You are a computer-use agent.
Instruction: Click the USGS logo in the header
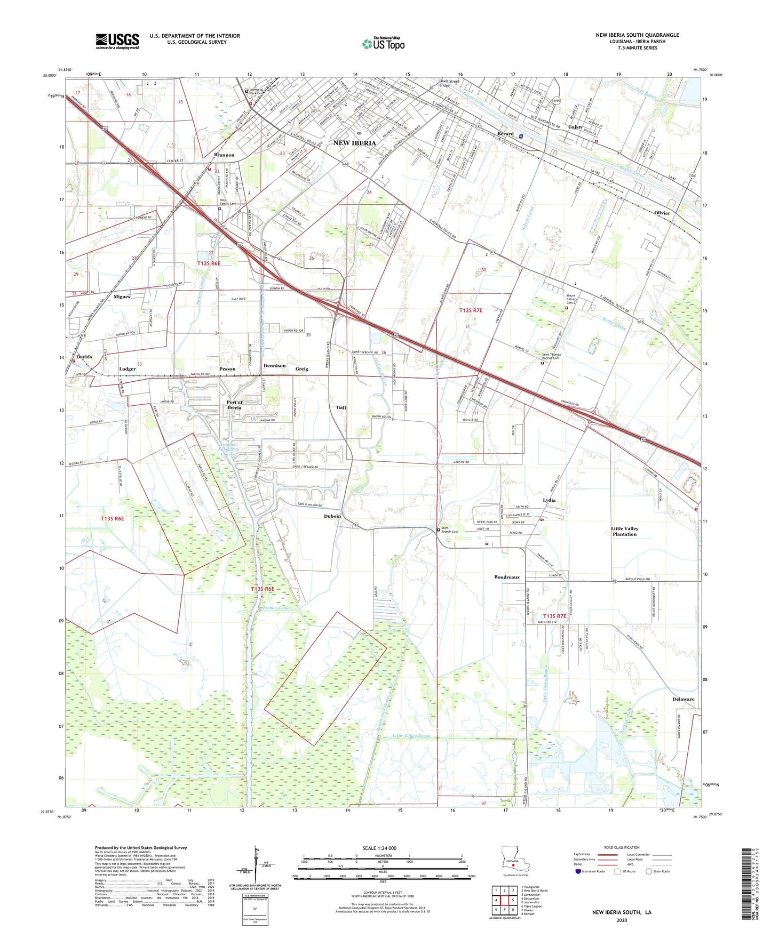pos(117,41)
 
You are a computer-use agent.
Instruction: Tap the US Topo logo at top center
pos(383,44)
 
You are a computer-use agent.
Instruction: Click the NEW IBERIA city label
pos(354,143)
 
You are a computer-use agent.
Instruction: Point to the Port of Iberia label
pos(234,405)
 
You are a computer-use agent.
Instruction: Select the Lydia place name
pos(549,500)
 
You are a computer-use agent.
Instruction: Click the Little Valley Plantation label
pos(624,531)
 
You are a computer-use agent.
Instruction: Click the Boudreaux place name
pos(506,577)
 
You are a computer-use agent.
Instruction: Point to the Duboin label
pos(332,516)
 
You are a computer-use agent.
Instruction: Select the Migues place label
pos(122,296)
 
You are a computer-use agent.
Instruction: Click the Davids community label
pos(84,357)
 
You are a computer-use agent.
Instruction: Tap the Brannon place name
pos(224,155)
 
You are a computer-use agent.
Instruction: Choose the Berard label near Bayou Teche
pos(505,134)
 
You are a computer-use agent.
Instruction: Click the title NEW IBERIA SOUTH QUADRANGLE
pos(637,35)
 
